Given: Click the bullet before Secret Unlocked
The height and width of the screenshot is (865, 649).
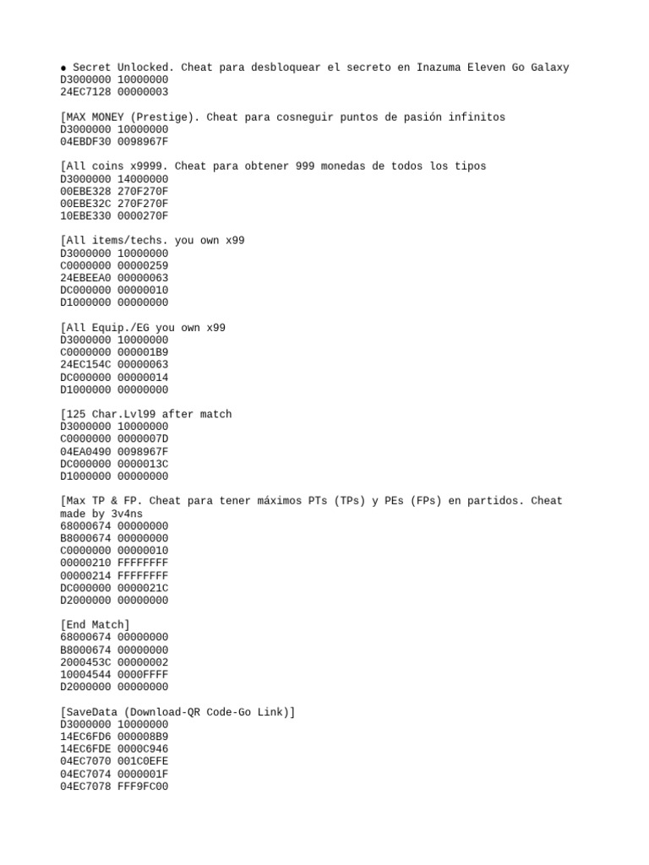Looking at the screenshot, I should [x=63, y=68].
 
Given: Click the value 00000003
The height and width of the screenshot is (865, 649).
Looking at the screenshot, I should [x=143, y=92].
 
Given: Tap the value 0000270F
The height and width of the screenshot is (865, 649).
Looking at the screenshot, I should [x=143, y=215].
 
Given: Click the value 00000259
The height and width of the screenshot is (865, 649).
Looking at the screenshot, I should [x=143, y=265].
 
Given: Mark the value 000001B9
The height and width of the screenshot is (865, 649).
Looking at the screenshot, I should [x=143, y=352].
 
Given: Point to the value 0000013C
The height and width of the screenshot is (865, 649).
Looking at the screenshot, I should [x=143, y=464].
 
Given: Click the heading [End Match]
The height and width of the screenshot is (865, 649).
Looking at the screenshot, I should [x=95, y=625].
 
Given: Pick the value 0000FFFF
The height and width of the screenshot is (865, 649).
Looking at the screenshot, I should [x=143, y=675].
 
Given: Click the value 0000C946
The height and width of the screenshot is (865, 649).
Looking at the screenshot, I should [x=143, y=749].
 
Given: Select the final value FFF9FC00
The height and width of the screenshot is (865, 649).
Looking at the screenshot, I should [x=143, y=786].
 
